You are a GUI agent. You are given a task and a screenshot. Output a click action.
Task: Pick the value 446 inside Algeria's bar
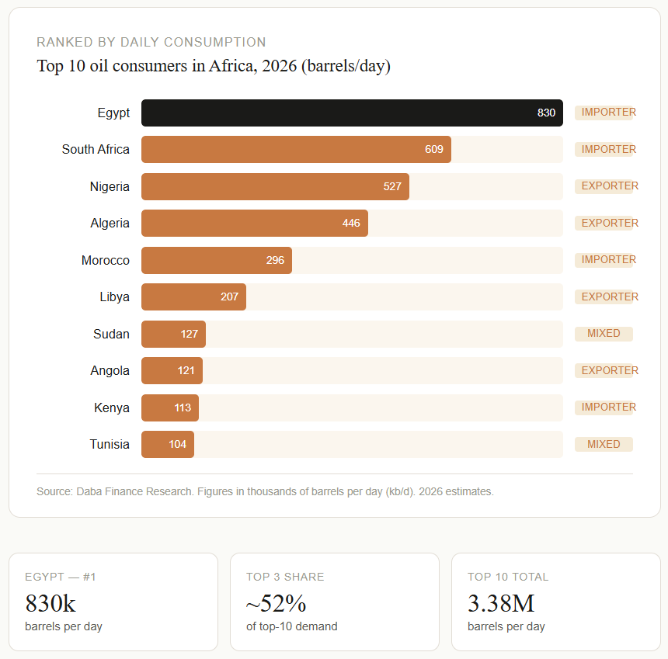pyautogui.click(x=351, y=224)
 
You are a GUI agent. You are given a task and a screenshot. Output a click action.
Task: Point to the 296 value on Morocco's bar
pyautogui.click(x=275, y=260)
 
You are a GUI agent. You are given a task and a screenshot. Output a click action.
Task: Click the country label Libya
pyautogui.click(x=114, y=297)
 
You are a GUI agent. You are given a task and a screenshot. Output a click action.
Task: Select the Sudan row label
pyautogui.click(x=111, y=334)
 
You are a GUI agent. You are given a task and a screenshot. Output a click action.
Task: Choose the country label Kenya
pyautogui.click(x=112, y=408)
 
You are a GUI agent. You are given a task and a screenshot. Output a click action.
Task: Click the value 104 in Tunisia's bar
pyautogui.click(x=177, y=445)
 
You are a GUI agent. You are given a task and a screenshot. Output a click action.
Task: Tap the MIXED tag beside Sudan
pyautogui.click(x=604, y=334)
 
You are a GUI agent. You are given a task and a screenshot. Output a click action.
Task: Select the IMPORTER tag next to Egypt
pyautogui.click(x=606, y=113)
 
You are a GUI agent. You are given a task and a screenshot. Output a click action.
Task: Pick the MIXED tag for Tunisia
pyautogui.click(x=604, y=445)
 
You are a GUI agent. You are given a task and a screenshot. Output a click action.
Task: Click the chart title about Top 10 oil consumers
pyautogui.click(x=214, y=66)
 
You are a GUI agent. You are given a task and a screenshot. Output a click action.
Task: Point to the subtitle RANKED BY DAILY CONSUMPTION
pyautogui.click(x=151, y=42)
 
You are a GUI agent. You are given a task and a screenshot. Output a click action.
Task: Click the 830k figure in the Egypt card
pyautogui.click(x=50, y=603)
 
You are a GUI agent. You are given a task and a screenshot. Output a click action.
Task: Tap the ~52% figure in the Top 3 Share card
pyautogui.click(x=276, y=603)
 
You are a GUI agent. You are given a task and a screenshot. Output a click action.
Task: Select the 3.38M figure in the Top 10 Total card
pyautogui.click(x=501, y=603)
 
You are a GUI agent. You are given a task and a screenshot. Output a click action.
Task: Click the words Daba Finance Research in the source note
pyautogui.click(x=135, y=491)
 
